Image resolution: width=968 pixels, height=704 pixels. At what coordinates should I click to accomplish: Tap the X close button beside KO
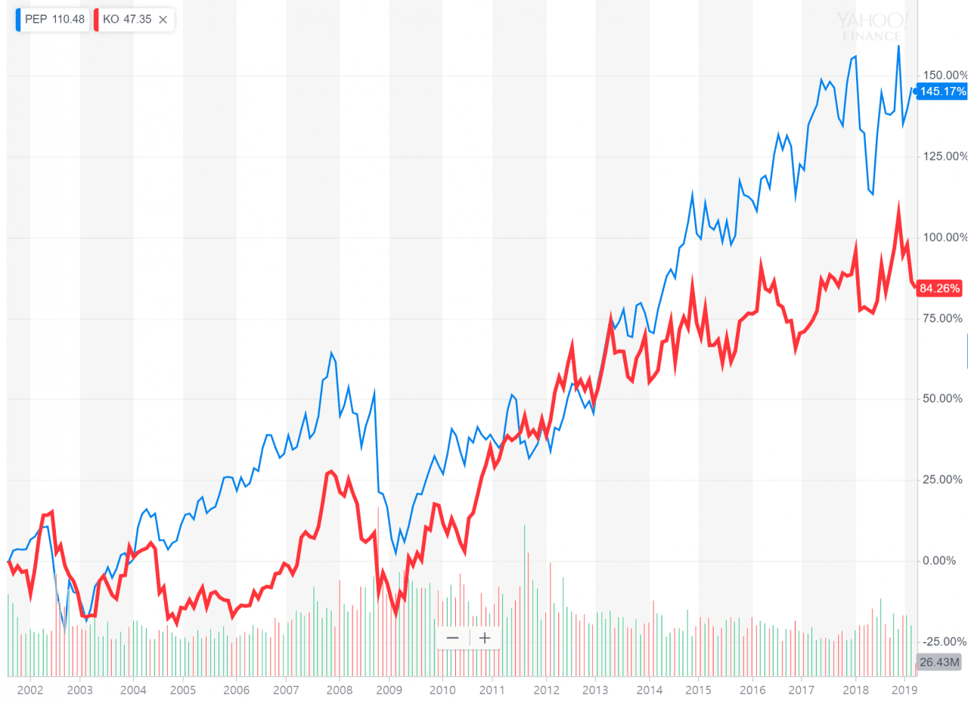click(x=163, y=20)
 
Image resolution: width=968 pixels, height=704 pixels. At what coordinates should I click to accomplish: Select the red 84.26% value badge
click(x=940, y=288)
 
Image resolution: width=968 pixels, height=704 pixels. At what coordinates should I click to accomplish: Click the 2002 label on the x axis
click(x=29, y=690)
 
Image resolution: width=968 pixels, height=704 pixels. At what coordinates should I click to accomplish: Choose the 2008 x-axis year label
click(x=340, y=690)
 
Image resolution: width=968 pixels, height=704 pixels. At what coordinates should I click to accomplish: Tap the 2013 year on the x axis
click(x=596, y=690)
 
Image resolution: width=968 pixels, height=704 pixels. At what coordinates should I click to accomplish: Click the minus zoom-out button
click(x=453, y=638)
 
